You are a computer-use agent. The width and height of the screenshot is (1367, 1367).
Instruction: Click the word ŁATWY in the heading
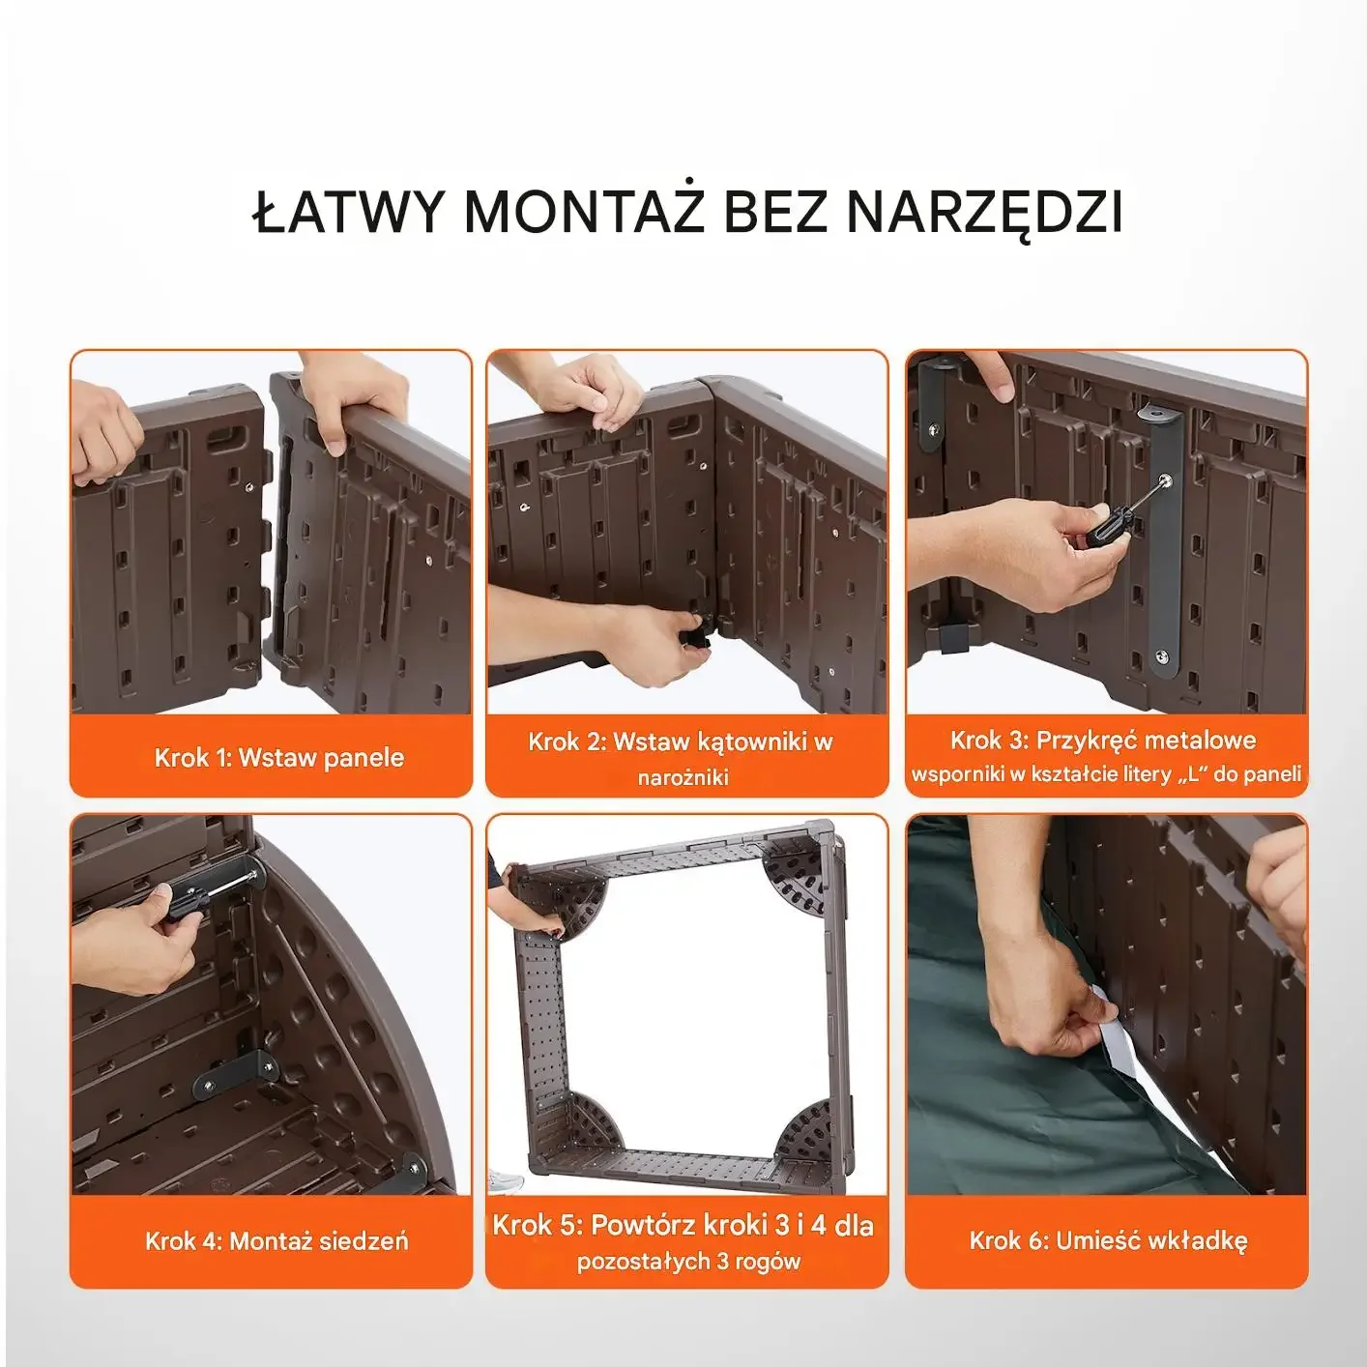(x=346, y=211)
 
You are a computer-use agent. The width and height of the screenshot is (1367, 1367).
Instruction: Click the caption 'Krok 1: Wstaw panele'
(x=279, y=758)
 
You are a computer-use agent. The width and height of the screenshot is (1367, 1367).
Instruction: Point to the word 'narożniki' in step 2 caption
(x=683, y=777)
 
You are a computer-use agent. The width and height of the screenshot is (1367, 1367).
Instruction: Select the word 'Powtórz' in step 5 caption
(x=644, y=1225)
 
